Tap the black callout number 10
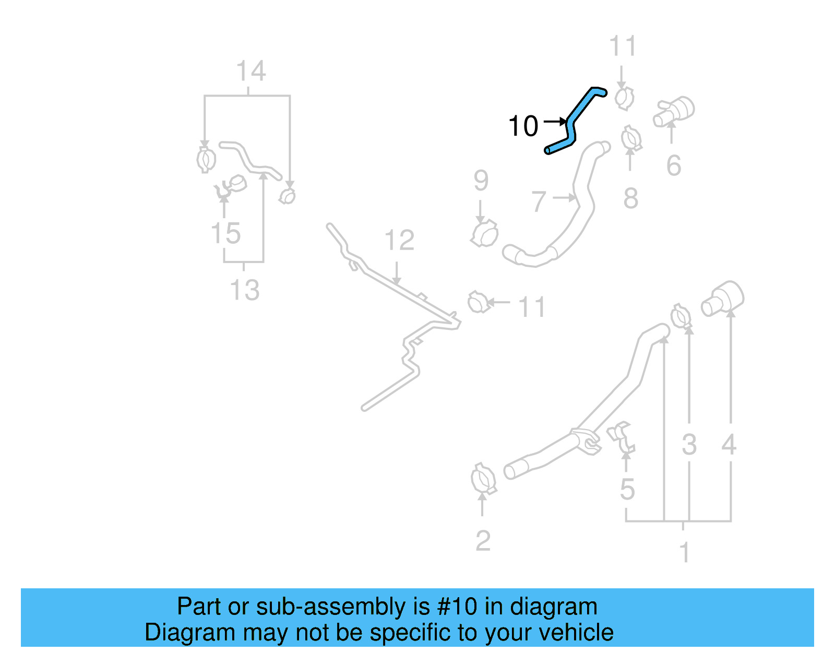[x=523, y=126]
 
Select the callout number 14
[x=251, y=72]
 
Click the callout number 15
[x=226, y=233]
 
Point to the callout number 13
[x=245, y=290]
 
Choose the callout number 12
[x=399, y=241]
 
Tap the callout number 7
[x=539, y=201]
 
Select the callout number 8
[x=630, y=198]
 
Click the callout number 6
[x=673, y=166]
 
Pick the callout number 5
[x=627, y=490]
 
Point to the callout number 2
[x=483, y=541]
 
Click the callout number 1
[x=685, y=553]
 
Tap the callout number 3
[x=689, y=445]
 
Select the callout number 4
[x=729, y=445]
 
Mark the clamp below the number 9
[x=485, y=234]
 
